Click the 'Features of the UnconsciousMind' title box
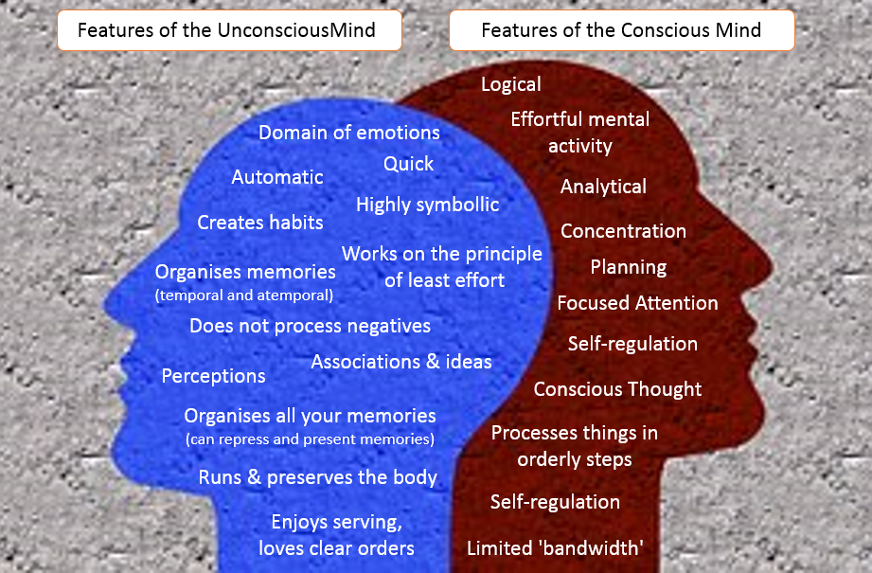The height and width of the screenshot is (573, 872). (x=227, y=30)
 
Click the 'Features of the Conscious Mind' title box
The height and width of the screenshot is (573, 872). (x=621, y=30)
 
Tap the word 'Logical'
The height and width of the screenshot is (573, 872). (x=511, y=84)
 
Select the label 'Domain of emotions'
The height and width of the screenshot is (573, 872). (x=349, y=133)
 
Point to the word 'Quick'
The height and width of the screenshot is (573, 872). (x=408, y=164)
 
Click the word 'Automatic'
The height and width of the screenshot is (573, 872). (x=277, y=177)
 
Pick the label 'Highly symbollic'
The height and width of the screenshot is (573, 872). (x=427, y=205)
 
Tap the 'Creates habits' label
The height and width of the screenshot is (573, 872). (x=260, y=223)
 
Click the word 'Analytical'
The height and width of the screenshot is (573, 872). (x=603, y=187)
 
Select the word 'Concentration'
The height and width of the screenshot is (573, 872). (x=623, y=231)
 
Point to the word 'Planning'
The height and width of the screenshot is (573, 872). (x=629, y=267)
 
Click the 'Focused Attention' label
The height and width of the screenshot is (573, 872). (x=637, y=303)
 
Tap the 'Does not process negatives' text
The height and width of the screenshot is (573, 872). (x=310, y=326)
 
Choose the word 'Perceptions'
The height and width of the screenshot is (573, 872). (x=213, y=376)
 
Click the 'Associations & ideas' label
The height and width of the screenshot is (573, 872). (x=401, y=362)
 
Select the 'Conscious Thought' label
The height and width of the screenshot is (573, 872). (x=617, y=389)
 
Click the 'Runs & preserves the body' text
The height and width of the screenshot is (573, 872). (x=317, y=477)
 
